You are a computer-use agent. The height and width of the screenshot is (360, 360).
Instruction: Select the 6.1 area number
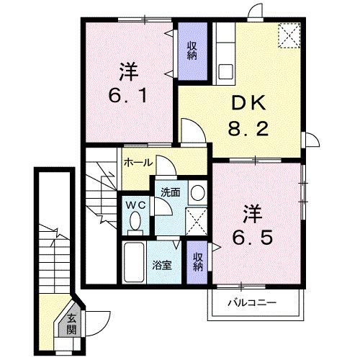129,96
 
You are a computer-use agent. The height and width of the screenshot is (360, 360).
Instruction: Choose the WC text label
134,204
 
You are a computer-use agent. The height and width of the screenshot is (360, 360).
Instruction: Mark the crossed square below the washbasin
197,220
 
